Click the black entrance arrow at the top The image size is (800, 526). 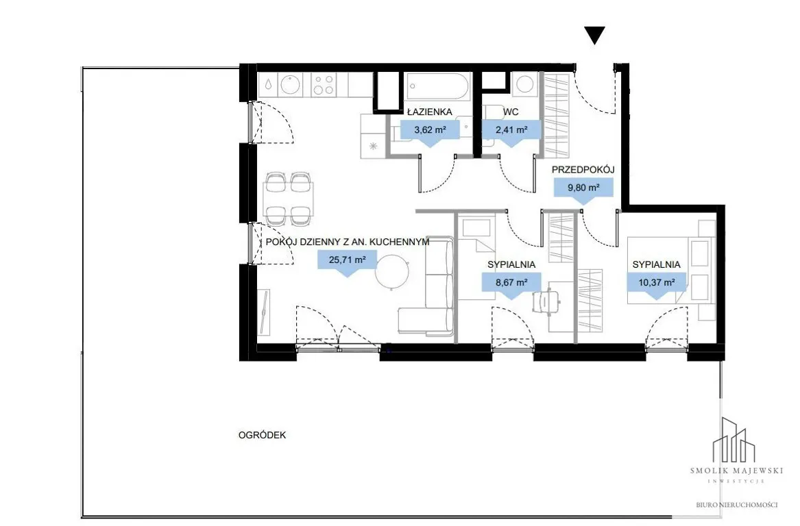[594, 35]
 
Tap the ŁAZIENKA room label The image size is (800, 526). [430, 112]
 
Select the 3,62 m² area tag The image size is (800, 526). [430, 131]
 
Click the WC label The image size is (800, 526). [511, 112]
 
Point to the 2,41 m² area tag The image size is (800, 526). [511, 131]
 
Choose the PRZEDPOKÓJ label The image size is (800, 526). [583, 170]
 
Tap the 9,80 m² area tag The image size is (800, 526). [583, 190]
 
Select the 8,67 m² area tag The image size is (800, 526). [511, 284]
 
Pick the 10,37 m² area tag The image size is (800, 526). [657, 284]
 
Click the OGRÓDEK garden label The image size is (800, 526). [263, 436]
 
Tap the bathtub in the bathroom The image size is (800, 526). [438, 87]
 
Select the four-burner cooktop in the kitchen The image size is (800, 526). [323, 85]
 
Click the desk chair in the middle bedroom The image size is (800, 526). [547, 301]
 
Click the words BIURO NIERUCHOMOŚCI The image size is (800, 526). [737, 505]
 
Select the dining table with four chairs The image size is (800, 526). [288, 199]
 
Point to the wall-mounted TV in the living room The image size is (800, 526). [263, 312]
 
